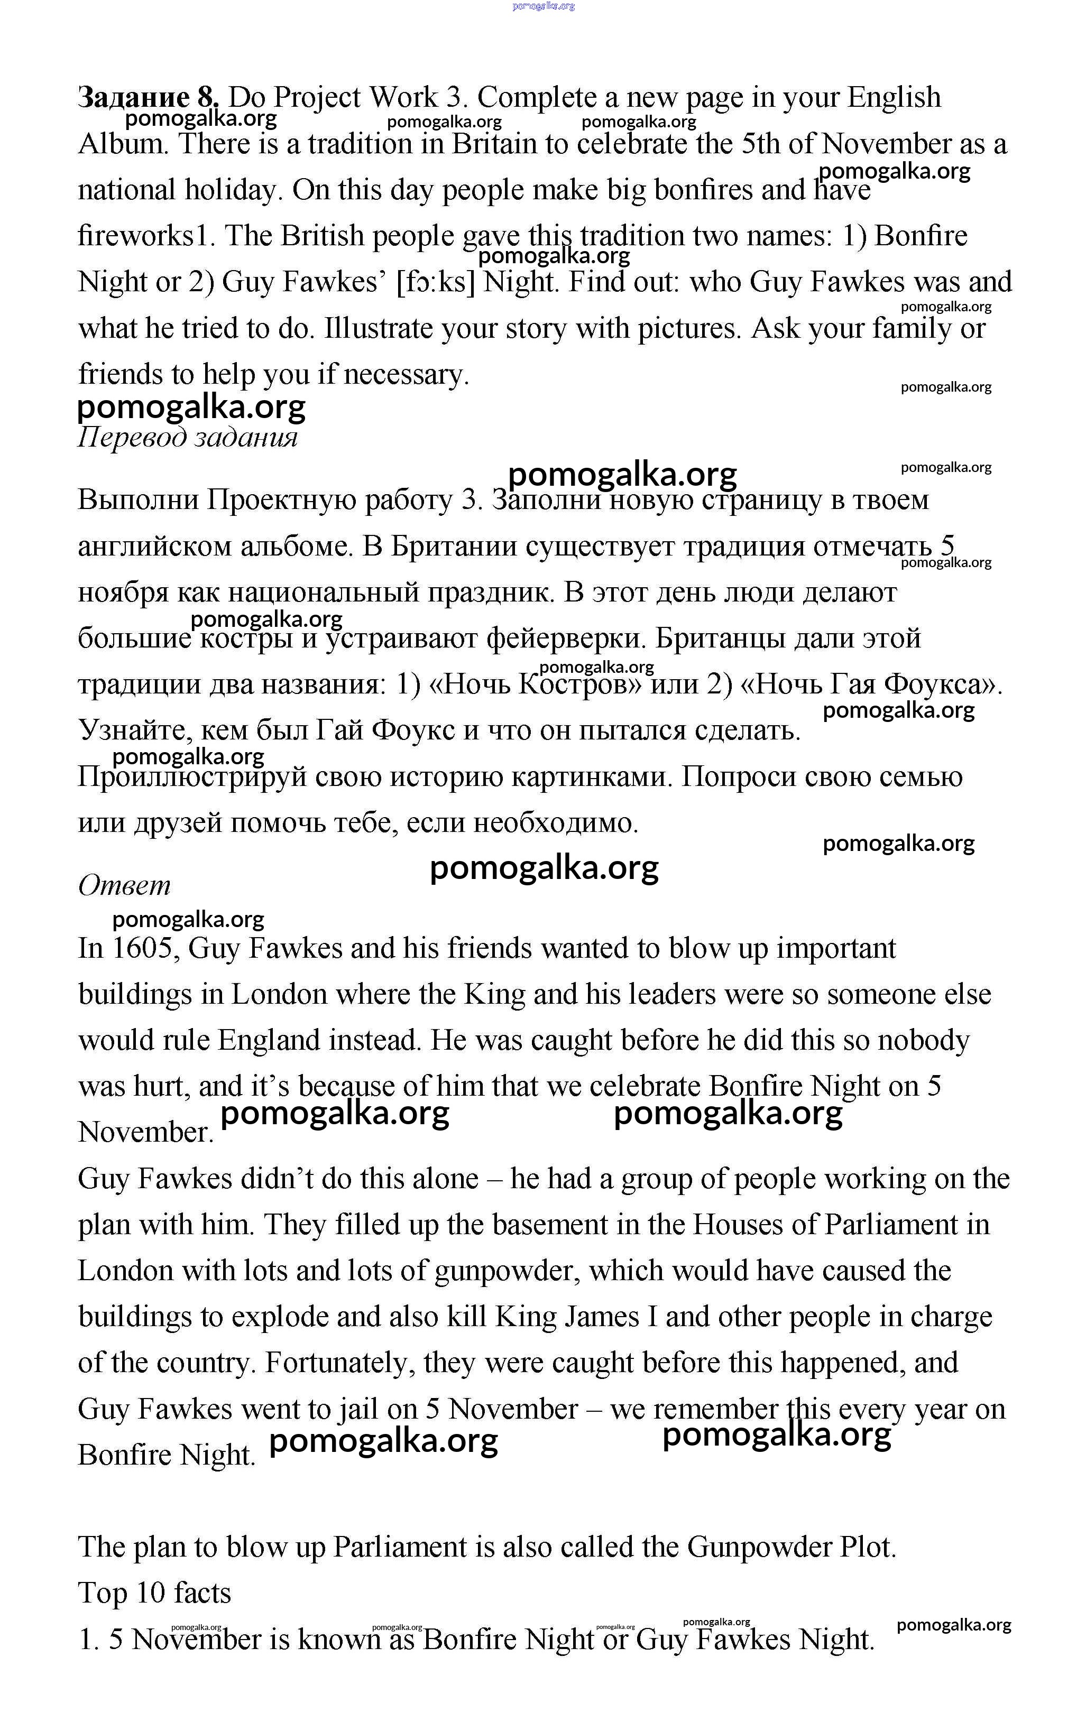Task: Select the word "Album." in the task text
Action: [123, 144]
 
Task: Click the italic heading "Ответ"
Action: [124, 886]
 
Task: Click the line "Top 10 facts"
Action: [154, 1593]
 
